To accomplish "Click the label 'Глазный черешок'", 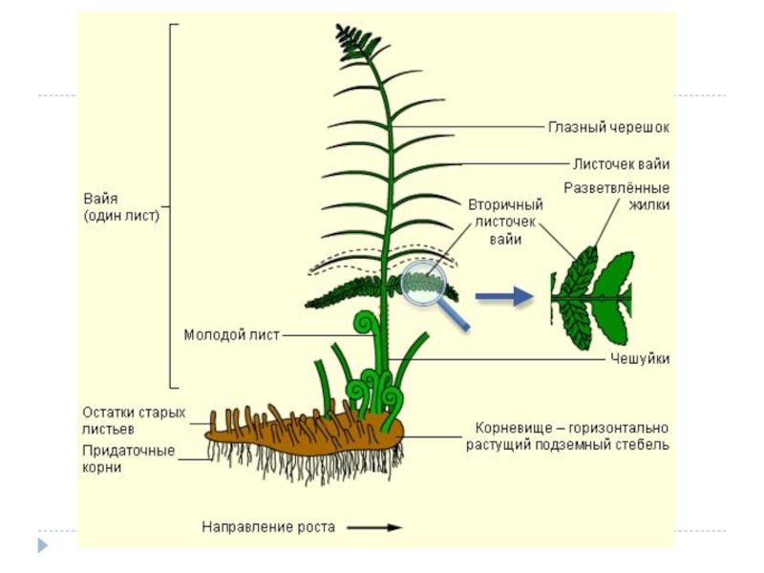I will tap(608, 126).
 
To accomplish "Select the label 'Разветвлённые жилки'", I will tap(616, 196).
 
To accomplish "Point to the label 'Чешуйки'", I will tap(639, 359).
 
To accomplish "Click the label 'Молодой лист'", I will tap(232, 334).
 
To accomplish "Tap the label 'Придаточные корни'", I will tap(128, 459).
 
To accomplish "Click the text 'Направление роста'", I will tap(268, 526).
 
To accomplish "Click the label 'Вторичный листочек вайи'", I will tap(505, 222).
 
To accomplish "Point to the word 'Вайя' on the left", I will tap(99, 199).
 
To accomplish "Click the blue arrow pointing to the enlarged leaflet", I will tap(503, 297).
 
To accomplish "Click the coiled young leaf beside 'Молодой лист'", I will tap(363, 326).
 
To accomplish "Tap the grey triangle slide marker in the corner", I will tap(41, 546).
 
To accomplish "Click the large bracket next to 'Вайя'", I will tap(172, 205).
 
